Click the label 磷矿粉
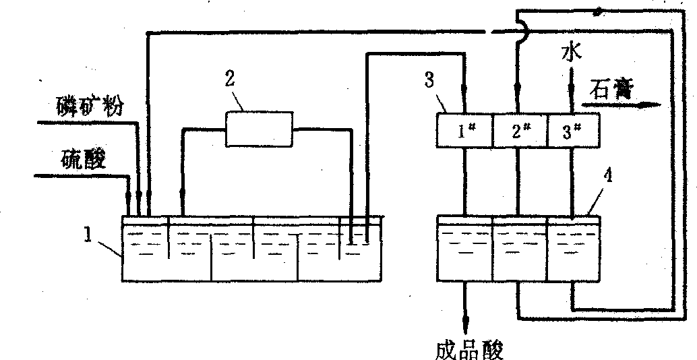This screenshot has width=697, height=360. coord(90,107)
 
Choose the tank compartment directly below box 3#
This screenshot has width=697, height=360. coord(572,248)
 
